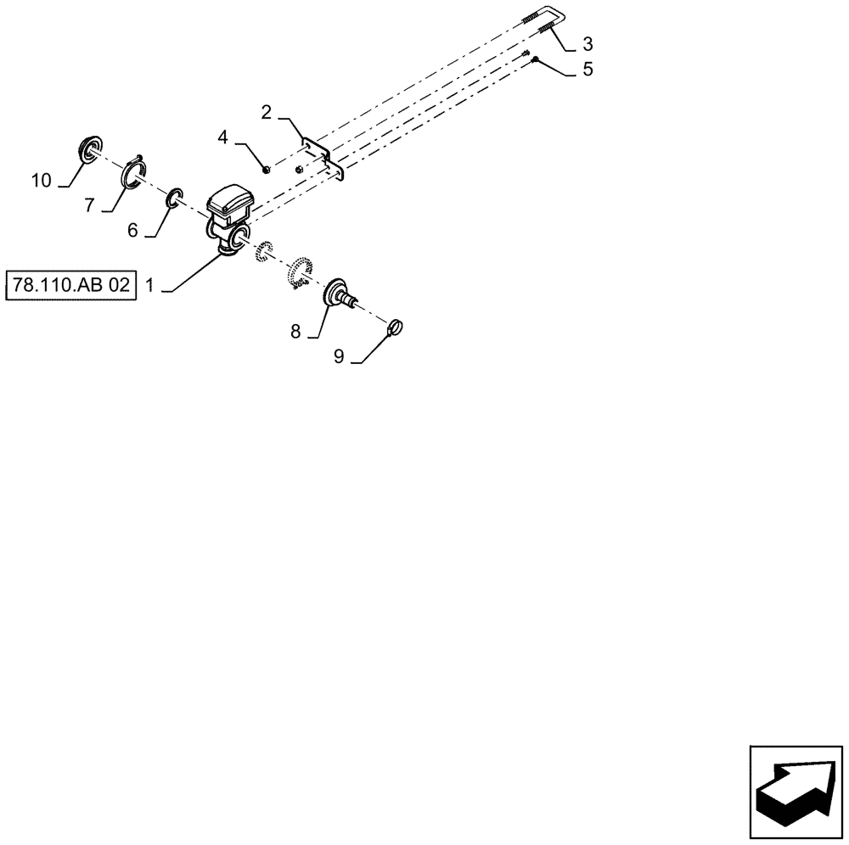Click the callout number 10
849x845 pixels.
[41, 180]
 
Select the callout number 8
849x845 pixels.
[295, 332]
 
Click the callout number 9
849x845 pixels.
[338, 357]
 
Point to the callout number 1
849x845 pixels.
[149, 286]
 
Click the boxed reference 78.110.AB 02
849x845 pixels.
[71, 285]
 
